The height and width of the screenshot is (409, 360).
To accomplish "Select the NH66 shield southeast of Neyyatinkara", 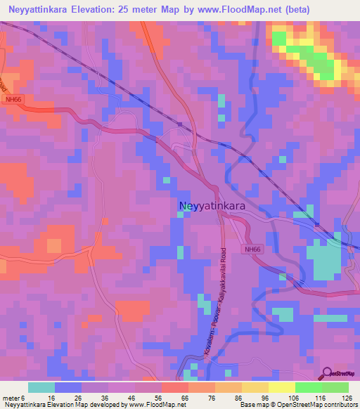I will tap(252, 249).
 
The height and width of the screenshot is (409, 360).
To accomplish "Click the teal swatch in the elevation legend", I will tap(41, 387).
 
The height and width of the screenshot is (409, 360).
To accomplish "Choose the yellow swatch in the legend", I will tap(282, 387).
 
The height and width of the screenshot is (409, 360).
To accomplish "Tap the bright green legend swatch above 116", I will tap(309, 387).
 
